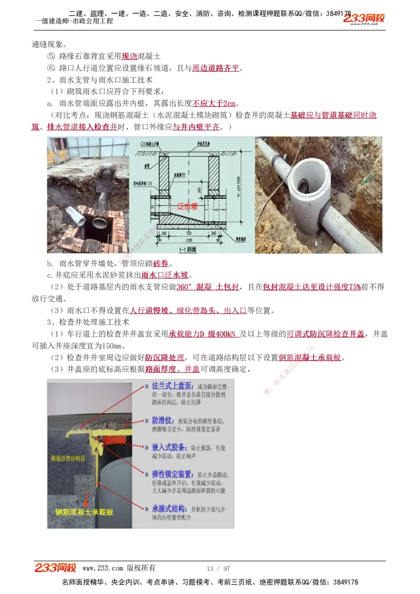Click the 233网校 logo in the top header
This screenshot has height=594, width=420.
tap(364, 19)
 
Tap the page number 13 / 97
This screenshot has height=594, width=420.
tap(218, 568)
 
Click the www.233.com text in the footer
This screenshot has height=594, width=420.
tap(103, 568)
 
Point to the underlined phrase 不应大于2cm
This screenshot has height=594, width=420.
tap(214, 103)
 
